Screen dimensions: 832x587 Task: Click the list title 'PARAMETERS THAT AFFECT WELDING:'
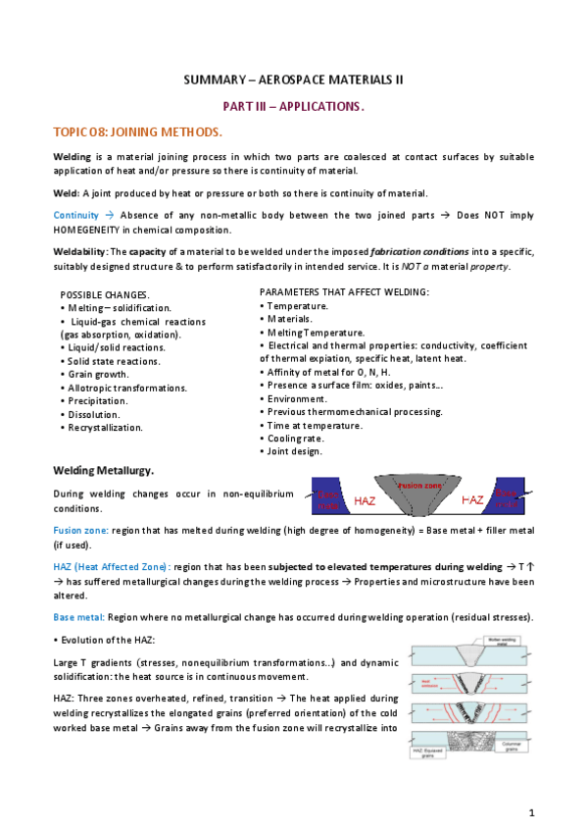click(x=344, y=292)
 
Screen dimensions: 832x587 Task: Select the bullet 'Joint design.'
click(x=296, y=451)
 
